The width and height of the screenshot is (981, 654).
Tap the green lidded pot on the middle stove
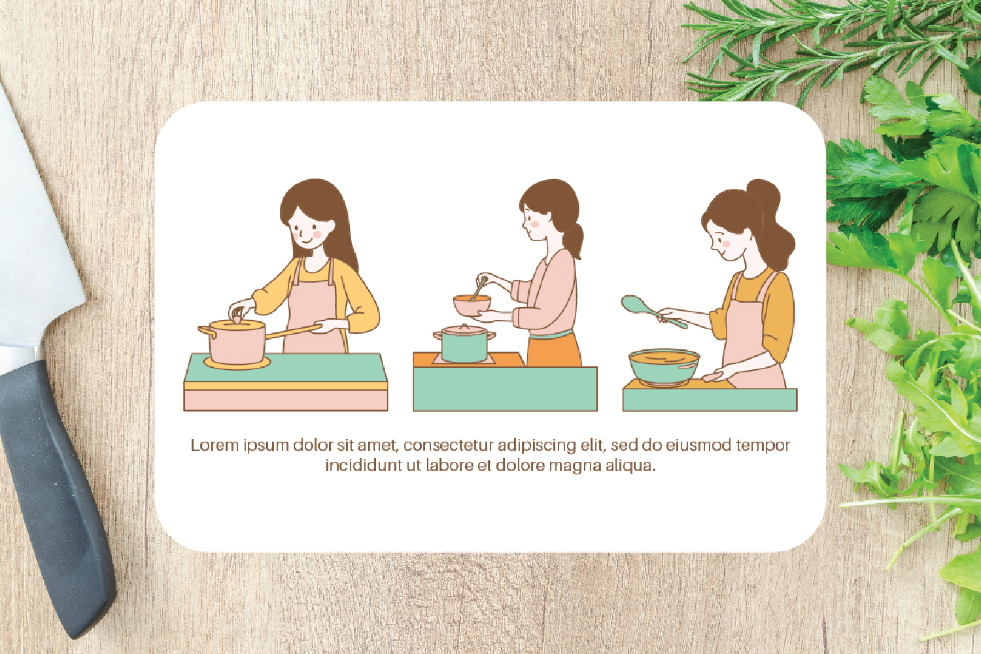coord(464,344)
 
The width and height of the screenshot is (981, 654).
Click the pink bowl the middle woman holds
coord(472,305)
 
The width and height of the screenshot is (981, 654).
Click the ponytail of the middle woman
coord(575,240)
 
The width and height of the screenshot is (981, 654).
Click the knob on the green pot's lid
coord(464,326)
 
